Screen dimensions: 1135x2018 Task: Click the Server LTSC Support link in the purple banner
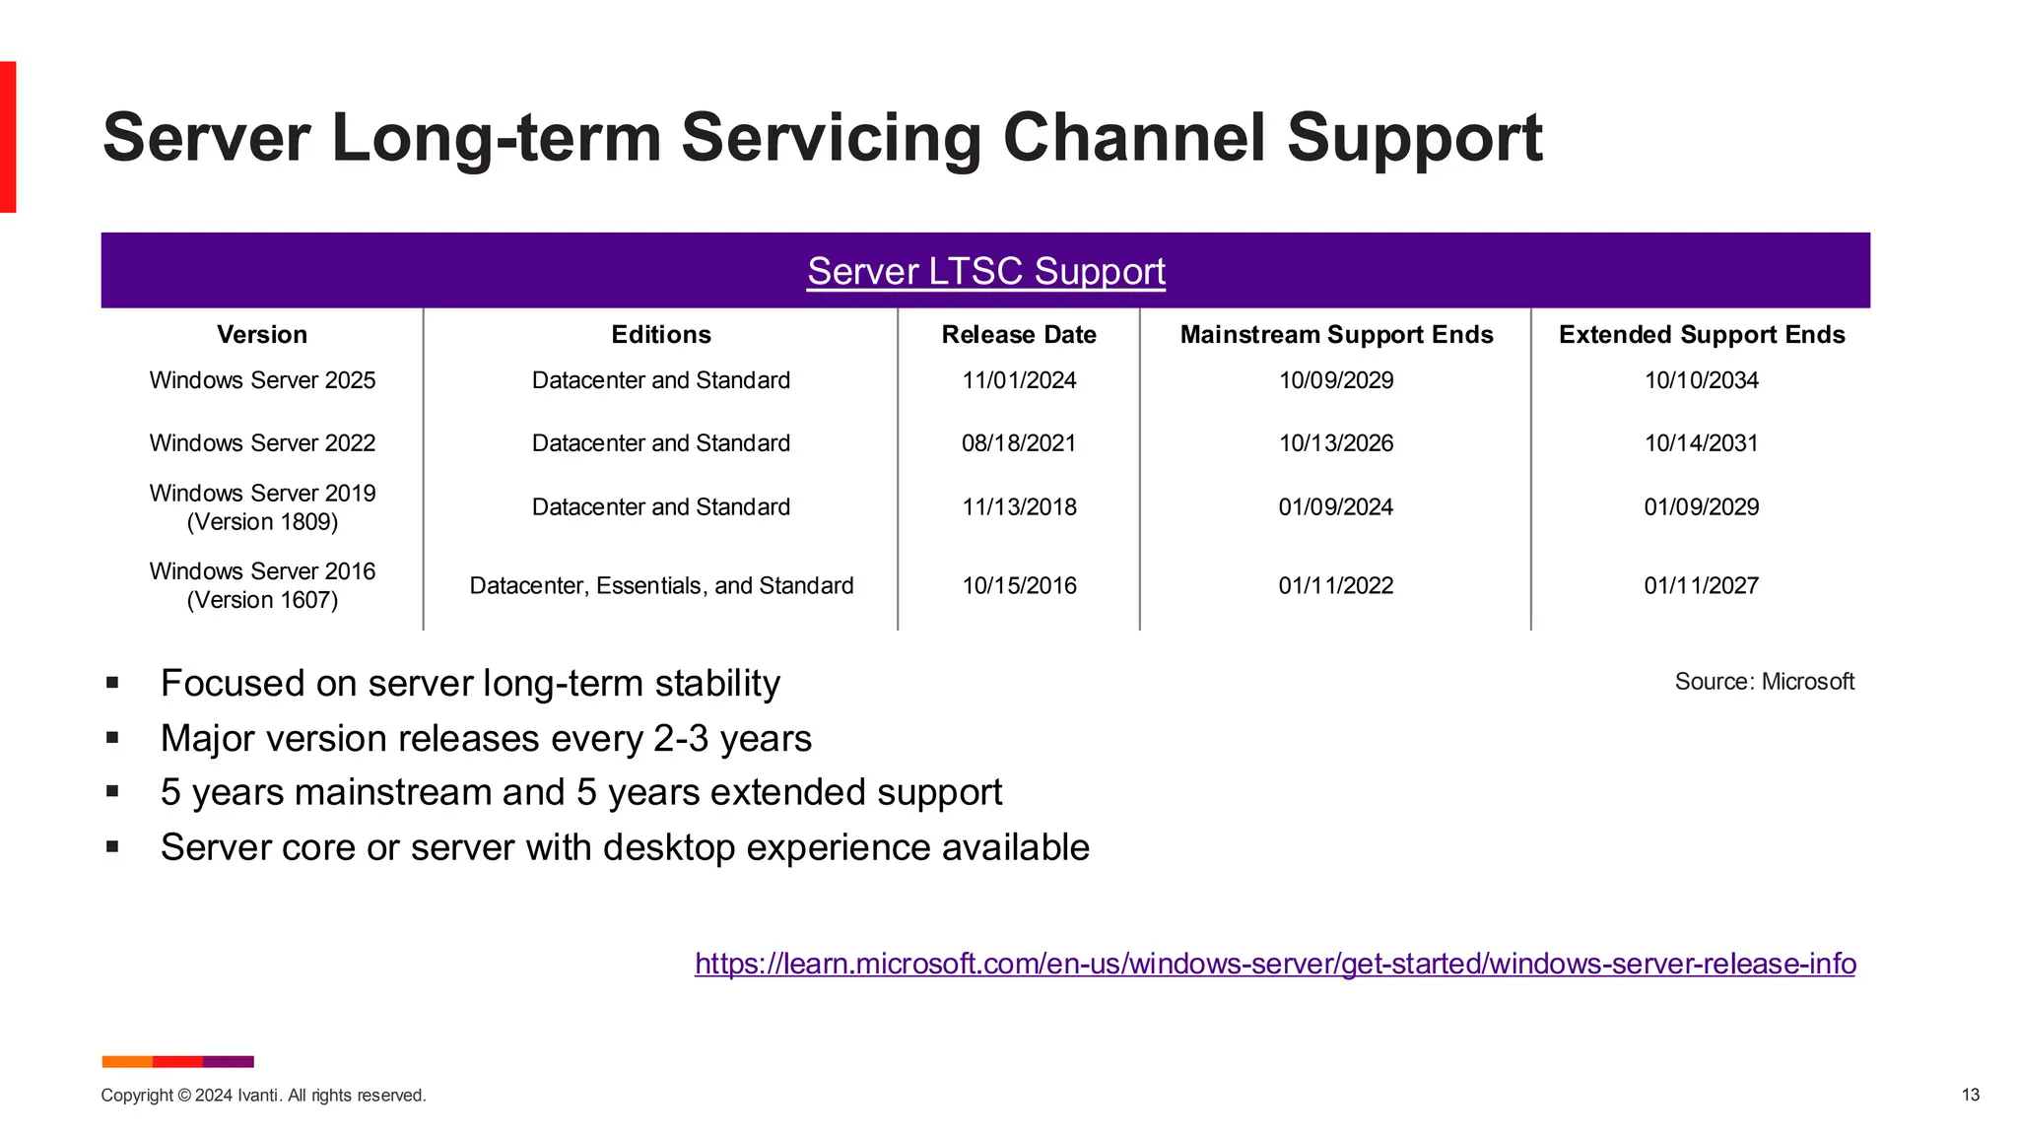tap(985, 272)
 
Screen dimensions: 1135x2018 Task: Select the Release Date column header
tap(1019, 335)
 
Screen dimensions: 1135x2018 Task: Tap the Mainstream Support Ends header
tap(1336, 335)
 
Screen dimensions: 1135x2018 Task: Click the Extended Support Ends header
tap(1701, 335)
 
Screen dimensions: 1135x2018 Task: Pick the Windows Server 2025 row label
tap(262, 380)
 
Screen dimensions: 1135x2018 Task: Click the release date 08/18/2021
tap(1019, 443)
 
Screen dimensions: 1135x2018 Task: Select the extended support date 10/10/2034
tap(1701, 380)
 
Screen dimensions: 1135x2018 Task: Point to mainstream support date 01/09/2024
tap(1335, 507)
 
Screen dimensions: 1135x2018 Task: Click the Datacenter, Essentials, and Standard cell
tap(661, 586)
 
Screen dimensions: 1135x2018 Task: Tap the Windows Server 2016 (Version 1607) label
tap(262, 585)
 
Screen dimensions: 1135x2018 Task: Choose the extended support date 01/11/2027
tap(1701, 586)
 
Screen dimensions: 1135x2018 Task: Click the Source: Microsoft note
tap(1764, 682)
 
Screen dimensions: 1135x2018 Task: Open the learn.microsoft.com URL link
tap(1275, 964)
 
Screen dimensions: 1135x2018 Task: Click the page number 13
tap(1970, 1096)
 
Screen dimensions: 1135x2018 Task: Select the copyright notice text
tap(263, 1096)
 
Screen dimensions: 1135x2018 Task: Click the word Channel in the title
tap(1134, 138)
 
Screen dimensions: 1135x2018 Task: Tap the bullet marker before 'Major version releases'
tap(112, 737)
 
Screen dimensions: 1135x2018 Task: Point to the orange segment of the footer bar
tap(127, 1062)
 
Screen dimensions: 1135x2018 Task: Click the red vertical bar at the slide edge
tap(8, 137)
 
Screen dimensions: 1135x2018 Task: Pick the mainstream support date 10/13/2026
tap(1335, 443)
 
